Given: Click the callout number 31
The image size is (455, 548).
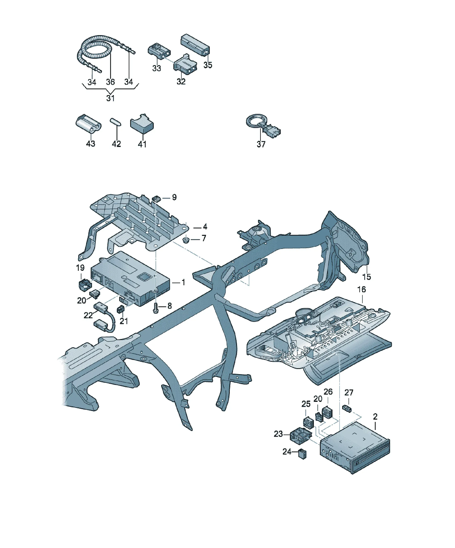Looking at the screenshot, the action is coord(110,98).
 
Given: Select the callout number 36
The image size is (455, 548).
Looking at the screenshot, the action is coord(110,82).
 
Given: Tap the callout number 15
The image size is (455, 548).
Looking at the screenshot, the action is coord(367,277).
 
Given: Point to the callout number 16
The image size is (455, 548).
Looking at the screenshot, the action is coord(362,289).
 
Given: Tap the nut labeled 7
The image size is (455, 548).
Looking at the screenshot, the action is coord(186,240).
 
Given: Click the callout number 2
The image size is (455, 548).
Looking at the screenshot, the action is coord(375,417).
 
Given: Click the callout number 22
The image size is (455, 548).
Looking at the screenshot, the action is coord(88,315).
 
